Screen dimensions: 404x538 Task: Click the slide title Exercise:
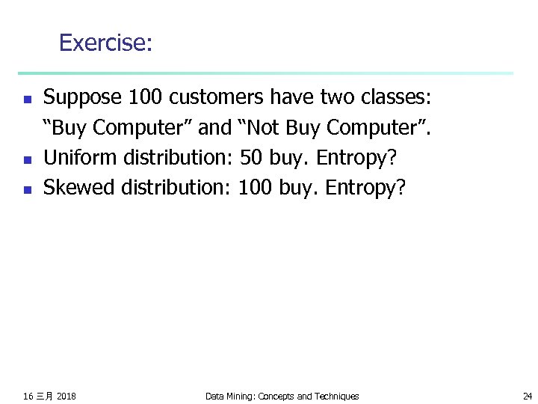(105, 43)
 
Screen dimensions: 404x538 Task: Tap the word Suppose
(83, 98)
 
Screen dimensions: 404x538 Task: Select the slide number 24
(528, 396)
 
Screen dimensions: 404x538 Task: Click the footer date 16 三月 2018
(49, 396)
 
